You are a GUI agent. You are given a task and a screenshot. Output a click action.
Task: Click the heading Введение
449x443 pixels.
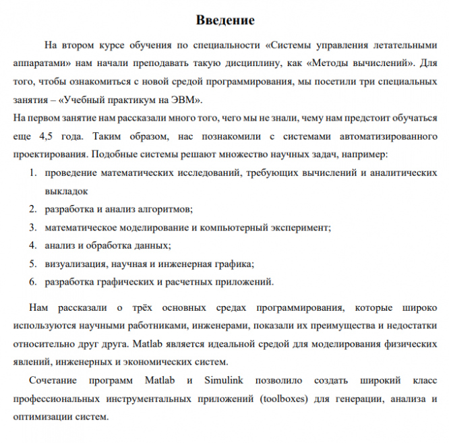224,20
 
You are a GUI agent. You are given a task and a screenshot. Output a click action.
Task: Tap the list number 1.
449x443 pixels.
32,173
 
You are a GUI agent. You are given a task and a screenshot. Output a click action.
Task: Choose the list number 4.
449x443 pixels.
32,245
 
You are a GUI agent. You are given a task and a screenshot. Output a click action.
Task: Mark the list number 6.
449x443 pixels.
32,281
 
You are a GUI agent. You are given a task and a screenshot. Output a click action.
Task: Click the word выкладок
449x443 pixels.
67,191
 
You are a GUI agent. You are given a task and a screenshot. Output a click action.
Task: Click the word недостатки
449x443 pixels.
411,326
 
